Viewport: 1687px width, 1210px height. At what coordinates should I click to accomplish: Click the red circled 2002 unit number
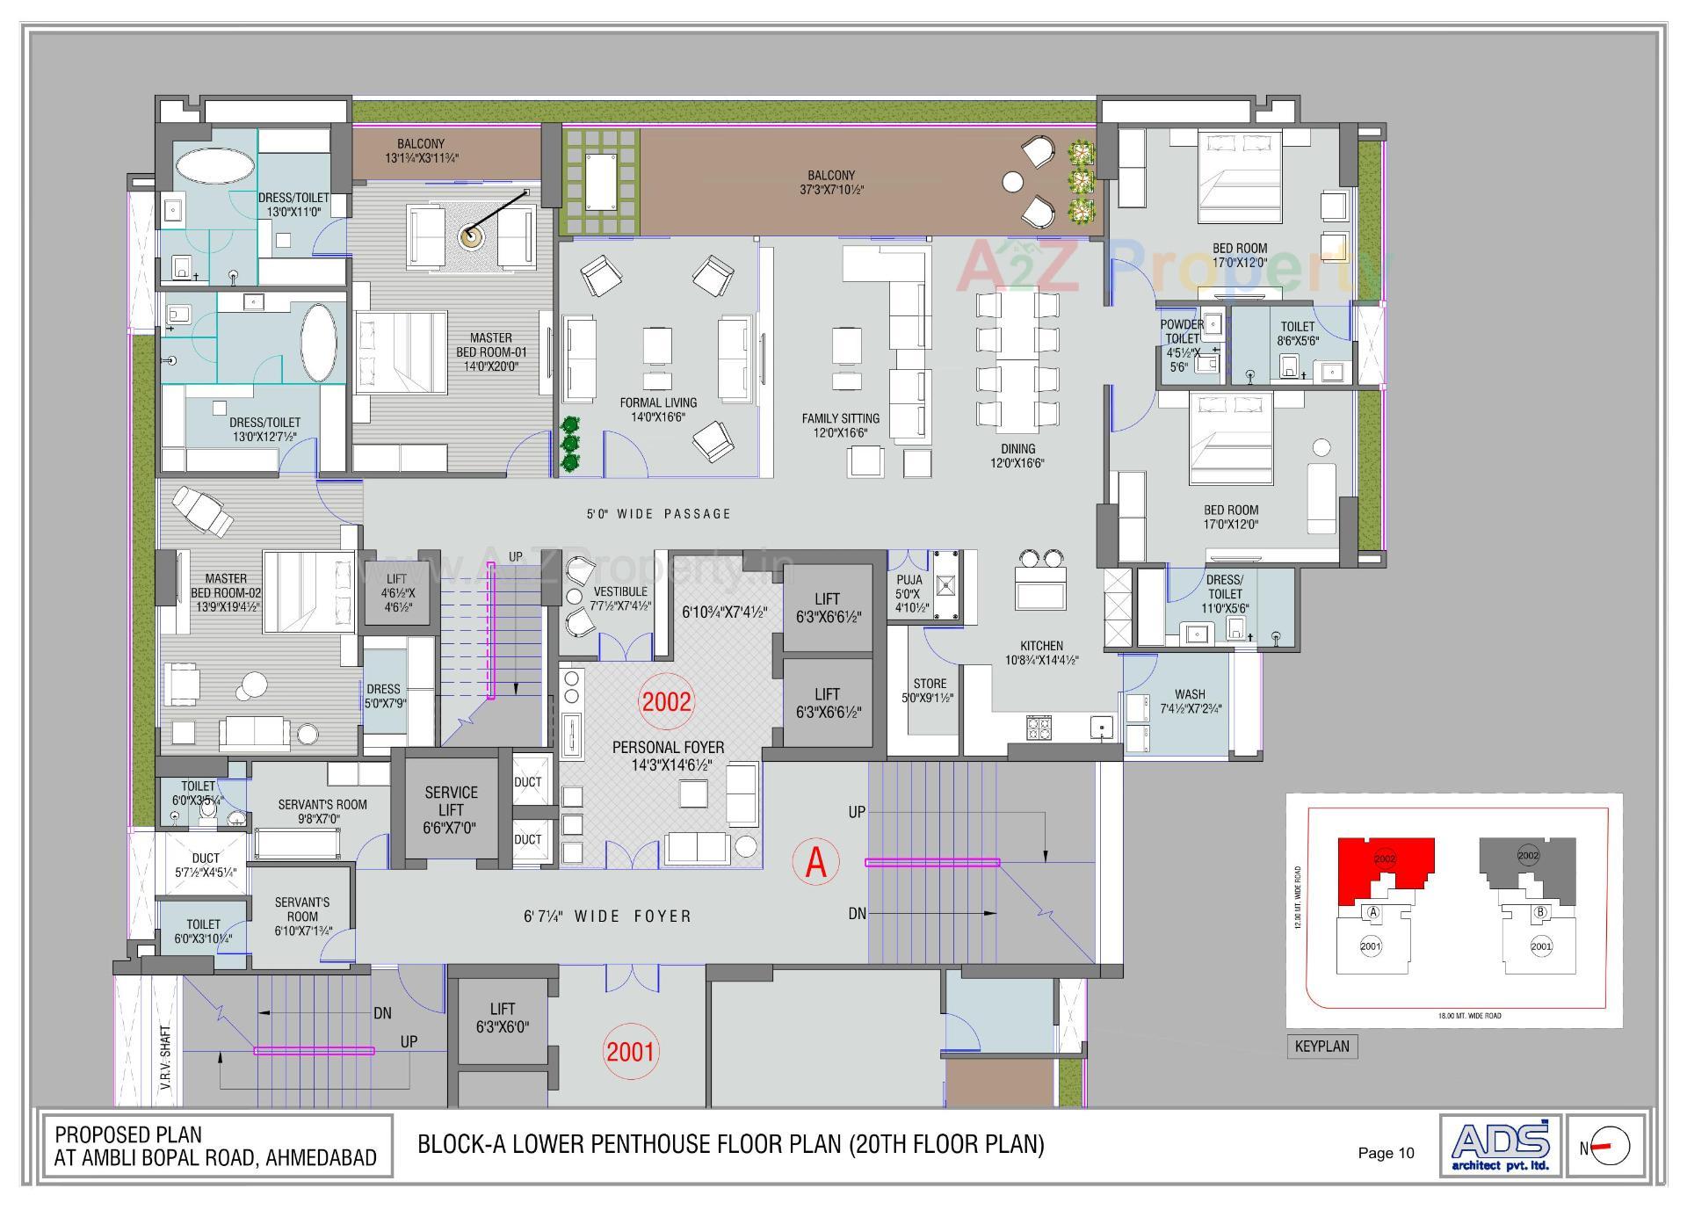coord(667,701)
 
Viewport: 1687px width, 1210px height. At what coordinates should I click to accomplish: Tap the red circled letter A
coord(815,861)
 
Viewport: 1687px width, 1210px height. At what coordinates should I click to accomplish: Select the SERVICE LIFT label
coord(451,809)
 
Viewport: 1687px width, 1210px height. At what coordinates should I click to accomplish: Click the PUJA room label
coord(909,580)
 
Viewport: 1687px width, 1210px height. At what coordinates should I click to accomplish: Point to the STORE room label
coord(929,684)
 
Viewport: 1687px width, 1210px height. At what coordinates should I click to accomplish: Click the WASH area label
coord(1190,694)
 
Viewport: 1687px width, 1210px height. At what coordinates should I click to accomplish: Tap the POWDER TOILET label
coord(1182,331)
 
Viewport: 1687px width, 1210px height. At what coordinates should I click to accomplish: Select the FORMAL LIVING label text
coord(658,403)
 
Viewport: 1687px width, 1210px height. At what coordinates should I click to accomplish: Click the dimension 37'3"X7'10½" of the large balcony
coord(831,190)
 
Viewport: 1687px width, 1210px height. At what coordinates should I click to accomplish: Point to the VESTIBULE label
coord(619,591)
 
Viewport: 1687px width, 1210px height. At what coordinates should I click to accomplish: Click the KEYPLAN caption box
coord(1321,1047)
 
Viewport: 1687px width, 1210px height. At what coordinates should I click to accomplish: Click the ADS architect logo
coord(1500,1144)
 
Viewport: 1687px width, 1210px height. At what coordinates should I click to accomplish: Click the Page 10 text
coord(1386,1153)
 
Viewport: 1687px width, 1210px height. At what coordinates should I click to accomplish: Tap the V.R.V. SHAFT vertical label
coord(166,1058)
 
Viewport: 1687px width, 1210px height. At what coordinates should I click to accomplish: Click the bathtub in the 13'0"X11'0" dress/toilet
coord(215,165)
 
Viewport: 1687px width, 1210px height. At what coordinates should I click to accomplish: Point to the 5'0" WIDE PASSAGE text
coord(659,514)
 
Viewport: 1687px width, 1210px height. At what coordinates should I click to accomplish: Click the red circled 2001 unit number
coord(630,1051)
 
